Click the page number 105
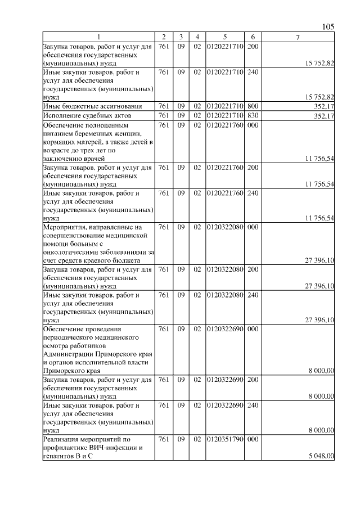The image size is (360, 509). [329, 26]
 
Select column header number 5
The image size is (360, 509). [224, 37]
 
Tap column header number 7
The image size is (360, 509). [298, 37]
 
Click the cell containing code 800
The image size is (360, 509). [253, 106]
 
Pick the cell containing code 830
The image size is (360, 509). [253, 116]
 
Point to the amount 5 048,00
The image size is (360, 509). [322, 456]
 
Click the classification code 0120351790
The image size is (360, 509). [225, 439]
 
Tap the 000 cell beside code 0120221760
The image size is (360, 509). [253, 125]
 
